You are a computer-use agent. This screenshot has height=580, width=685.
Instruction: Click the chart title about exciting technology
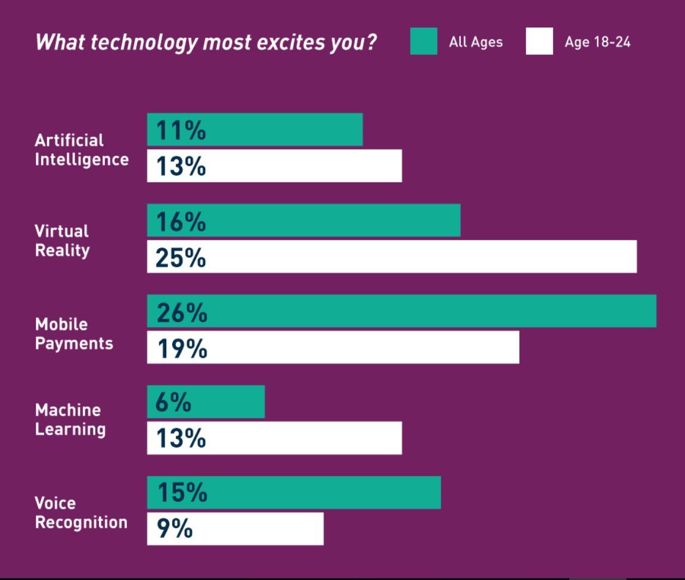coord(206,43)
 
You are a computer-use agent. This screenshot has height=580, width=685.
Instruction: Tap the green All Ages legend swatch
coord(423,41)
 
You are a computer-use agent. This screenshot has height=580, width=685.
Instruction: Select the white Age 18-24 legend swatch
coord(539,41)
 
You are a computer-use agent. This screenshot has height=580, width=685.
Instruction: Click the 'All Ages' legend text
coord(476,42)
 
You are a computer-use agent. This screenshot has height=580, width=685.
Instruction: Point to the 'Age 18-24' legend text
coord(597,42)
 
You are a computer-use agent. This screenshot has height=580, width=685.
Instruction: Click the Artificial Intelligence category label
coord(81,150)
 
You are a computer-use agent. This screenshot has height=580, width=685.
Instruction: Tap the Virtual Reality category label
coord(62,240)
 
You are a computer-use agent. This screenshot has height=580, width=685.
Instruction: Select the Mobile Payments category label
coord(73,334)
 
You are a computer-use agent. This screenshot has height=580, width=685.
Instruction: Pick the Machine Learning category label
coord(70,419)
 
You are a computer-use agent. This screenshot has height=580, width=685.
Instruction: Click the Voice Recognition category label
coord(80,513)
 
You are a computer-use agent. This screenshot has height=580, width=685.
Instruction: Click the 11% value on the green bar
coord(181,130)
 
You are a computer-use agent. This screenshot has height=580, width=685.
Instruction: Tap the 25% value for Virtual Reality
coord(181,258)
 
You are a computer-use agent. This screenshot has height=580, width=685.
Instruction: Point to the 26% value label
coord(181,312)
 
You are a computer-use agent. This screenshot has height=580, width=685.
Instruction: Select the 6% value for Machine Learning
coord(173,403)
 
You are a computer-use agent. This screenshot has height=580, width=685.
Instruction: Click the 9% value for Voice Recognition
coord(174,529)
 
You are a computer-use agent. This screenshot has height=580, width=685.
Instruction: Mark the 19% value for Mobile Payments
coord(181,348)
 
